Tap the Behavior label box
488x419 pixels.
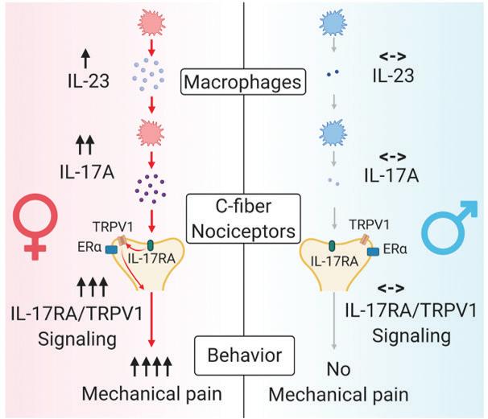(x=244, y=352)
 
